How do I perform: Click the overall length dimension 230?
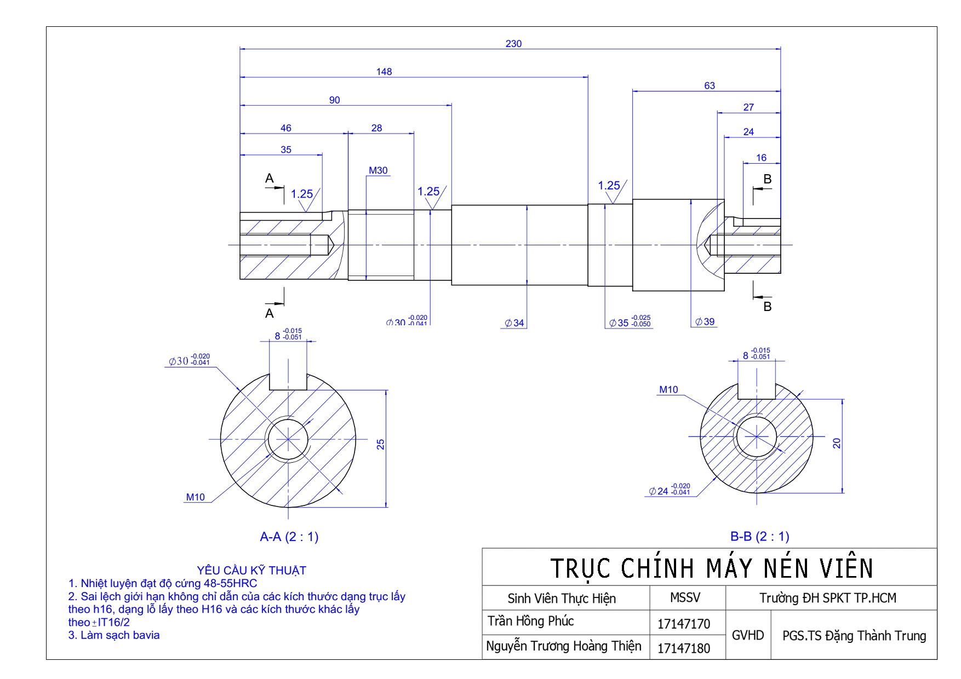tap(513, 44)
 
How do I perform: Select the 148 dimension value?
tap(384, 72)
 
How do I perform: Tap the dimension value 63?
tap(710, 86)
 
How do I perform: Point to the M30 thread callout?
tap(378, 171)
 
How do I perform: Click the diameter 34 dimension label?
tap(514, 323)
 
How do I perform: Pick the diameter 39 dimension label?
tap(705, 322)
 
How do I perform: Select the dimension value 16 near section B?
tap(762, 158)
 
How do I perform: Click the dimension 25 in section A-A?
tap(381, 445)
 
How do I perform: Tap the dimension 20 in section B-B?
tap(837, 443)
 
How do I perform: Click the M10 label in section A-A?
tap(195, 497)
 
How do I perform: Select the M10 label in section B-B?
tap(668, 390)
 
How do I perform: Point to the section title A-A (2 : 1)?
tap(289, 537)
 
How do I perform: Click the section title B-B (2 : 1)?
tap(760, 537)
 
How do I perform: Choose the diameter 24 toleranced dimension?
tap(670, 491)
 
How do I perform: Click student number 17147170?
tap(684, 624)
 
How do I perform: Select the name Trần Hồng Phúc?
tap(531, 622)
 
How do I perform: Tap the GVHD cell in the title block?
tap(748, 635)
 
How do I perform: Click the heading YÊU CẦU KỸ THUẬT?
tap(251, 571)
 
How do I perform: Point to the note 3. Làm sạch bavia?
tap(114, 635)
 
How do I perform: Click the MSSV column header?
tap(685, 598)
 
